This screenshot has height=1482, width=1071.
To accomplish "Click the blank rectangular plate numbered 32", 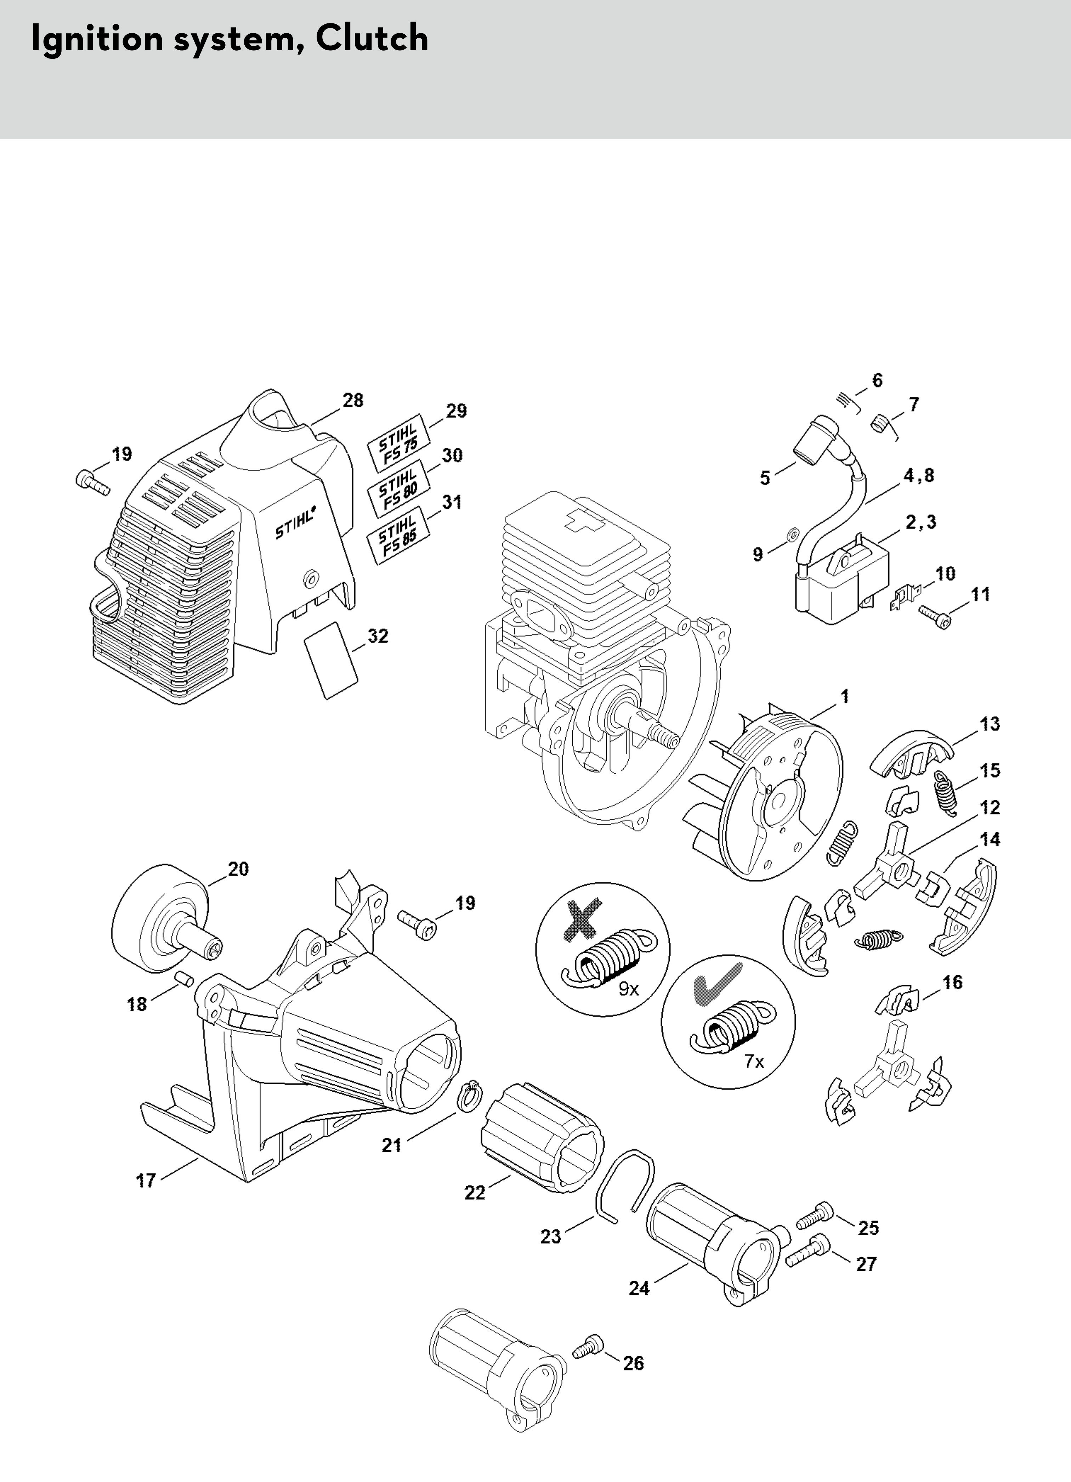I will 331,660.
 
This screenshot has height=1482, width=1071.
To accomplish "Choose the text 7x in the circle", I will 754,1061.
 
